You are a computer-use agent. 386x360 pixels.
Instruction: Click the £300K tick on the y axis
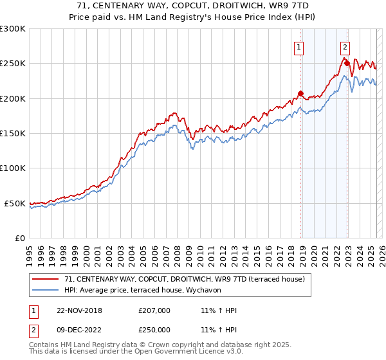point(13,29)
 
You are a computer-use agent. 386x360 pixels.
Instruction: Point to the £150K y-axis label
point(13,134)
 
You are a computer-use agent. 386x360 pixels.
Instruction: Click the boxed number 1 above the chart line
point(300,46)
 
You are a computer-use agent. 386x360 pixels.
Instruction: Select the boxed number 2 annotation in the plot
point(345,46)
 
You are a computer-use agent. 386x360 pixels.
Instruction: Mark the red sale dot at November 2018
point(300,93)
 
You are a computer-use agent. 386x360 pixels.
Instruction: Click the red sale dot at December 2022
point(346,63)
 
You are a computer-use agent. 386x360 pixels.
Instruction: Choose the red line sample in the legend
point(46,279)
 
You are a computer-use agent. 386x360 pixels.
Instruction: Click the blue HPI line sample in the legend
point(46,290)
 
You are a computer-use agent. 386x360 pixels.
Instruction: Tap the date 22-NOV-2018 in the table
point(76,310)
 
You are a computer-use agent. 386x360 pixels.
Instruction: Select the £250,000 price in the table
point(154,330)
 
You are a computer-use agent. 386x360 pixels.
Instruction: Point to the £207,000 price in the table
point(154,310)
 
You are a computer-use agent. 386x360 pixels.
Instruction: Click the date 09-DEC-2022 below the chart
point(76,330)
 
